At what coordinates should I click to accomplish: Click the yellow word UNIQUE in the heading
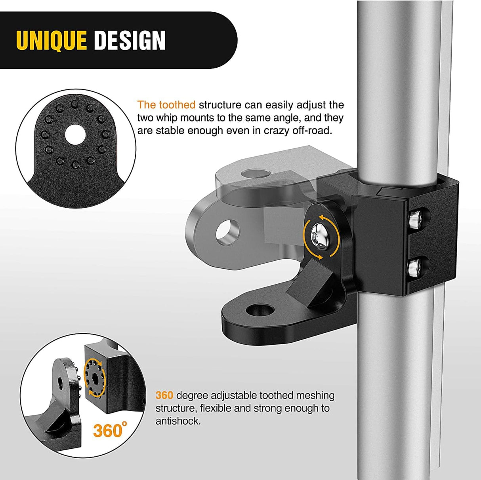[x=52, y=40]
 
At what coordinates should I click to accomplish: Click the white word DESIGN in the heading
[x=130, y=40]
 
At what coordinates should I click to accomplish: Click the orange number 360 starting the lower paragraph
[x=164, y=395]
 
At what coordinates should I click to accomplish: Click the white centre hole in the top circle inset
[x=75, y=134]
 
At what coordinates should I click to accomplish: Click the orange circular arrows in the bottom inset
[x=95, y=377]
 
